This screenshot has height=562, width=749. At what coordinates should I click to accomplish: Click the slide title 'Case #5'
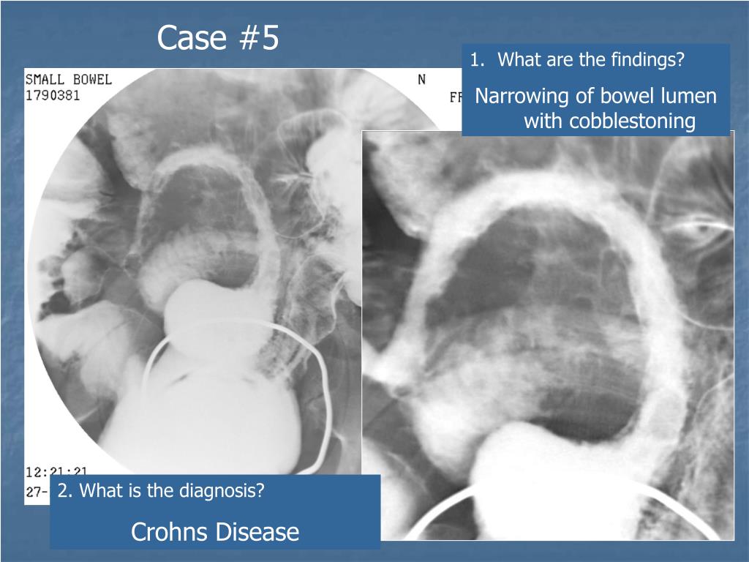click(218, 38)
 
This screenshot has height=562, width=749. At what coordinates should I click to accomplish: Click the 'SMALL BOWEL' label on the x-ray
click(69, 79)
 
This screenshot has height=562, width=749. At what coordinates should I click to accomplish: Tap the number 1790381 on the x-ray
click(53, 95)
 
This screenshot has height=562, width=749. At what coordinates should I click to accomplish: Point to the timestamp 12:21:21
click(53, 473)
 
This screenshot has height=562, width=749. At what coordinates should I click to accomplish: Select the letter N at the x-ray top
click(421, 79)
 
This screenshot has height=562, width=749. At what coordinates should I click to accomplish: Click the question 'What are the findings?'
click(590, 60)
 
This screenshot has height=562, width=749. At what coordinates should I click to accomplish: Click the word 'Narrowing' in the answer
click(522, 97)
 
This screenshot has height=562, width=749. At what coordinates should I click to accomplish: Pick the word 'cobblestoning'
click(632, 121)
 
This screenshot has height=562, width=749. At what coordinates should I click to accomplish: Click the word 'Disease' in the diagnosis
click(260, 532)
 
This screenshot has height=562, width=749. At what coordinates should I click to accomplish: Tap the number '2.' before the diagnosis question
click(64, 491)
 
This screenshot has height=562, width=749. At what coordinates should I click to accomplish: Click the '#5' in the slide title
click(258, 38)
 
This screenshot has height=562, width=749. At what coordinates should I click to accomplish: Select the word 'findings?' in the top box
click(649, 60)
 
